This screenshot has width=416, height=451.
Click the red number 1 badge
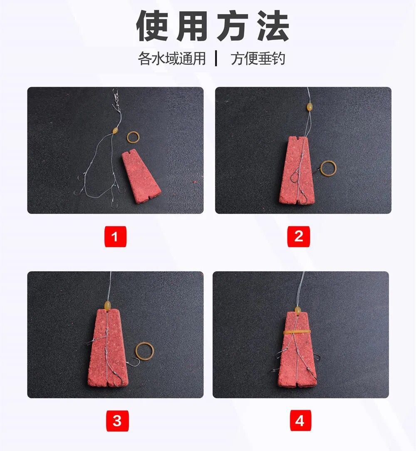coord(115,237)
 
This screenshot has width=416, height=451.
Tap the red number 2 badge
coord(299,236)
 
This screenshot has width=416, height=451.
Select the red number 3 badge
coord(117,421)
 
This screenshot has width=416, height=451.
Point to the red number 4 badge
coord(300,421)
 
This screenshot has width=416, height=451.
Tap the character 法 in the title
coord(273,26)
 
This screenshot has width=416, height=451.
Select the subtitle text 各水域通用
coord(172,59)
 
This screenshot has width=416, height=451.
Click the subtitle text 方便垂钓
coord(258,59)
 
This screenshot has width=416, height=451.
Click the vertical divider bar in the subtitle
coord(216,59)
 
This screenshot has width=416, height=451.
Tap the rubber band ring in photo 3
coord(136,352)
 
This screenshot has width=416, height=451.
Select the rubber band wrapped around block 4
coord(297,332)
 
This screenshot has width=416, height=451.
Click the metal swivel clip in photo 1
coord(116,98)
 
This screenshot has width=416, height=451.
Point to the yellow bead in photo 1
coord(115,131)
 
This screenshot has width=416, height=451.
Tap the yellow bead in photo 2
coord(309,107)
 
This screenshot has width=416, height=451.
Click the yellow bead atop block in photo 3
coord(108,305)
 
